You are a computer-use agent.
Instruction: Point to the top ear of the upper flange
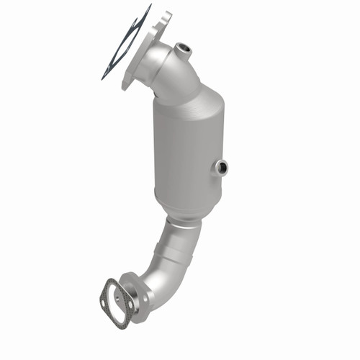click(x=165, y=15)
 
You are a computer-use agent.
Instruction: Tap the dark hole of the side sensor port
click(x=223, y=168)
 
